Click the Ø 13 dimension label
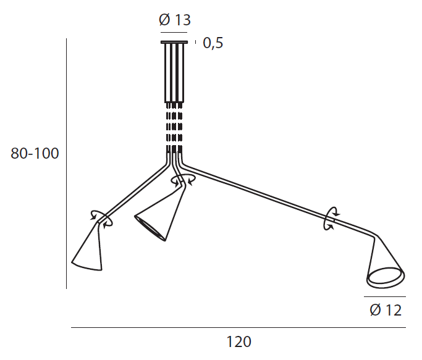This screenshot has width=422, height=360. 175,20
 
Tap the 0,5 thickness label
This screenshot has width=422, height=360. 213,43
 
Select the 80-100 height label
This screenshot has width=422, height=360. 35,153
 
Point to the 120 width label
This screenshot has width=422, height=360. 238,341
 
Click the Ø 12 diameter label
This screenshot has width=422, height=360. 386,310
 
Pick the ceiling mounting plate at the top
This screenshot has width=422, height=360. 174,42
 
